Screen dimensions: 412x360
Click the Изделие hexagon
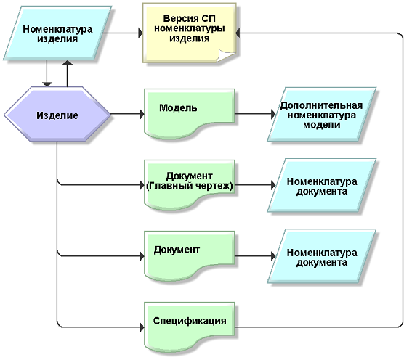pos(57,115)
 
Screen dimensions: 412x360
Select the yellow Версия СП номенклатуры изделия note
pos(189,33)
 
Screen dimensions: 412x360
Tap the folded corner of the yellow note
pos(226,55)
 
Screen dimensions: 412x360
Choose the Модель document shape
pos(189,113)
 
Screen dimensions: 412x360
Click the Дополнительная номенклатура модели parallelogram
pos(322,115)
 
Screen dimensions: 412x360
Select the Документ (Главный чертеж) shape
pos(189,184)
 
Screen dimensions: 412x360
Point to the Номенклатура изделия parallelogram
pos(57,33)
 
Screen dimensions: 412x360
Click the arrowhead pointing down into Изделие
pos(47,84)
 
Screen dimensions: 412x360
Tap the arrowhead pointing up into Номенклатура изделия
pos(68,62)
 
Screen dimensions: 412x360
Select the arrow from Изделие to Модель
pos(127,114)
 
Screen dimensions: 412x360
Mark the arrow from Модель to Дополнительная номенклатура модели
pos(255,114)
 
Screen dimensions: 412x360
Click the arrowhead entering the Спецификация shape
pos(142,327)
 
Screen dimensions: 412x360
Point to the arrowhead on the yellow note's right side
pos(238,33)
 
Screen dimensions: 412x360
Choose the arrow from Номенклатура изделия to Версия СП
pos(123,33)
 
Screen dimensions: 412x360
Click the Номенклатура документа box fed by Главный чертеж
pos(322,185)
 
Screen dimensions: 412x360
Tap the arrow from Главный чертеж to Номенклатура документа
pos(255,185)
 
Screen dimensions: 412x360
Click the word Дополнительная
pos(321,105)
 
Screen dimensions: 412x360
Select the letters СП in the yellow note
pos(209,19)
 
